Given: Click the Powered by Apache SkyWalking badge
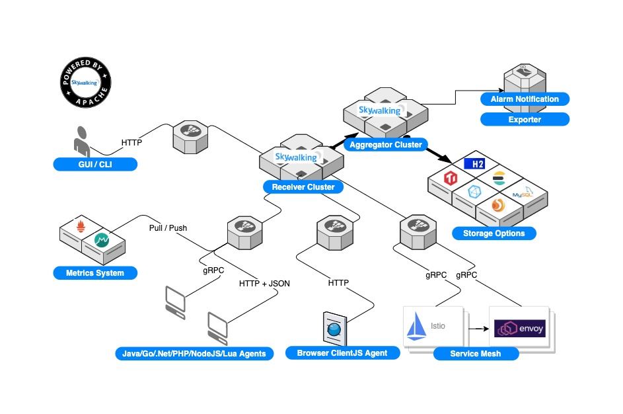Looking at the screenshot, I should click(x=85, y=83).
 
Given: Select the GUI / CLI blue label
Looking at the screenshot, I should click(x=95, y=164).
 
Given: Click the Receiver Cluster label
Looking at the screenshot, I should click(x=303, y=187).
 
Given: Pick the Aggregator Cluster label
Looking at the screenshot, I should click(x=385, y=145).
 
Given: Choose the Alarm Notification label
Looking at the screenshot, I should click(x=524, y=99).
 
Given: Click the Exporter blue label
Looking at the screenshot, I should click(x=524, y=120).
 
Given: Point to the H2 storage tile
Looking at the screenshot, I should click(x=474, y=163).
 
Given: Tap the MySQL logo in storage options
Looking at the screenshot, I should click(x=522, y=194).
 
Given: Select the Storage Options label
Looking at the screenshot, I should click(x=494, y=233).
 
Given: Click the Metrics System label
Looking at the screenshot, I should click(x=95, y=272).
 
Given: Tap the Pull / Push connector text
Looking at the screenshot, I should click(x=168, y=228).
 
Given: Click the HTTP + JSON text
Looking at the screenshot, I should click(x=264, y=283).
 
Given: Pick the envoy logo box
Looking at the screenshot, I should click(x=520, y=327).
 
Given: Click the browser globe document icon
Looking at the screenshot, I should click(x=334, y=327).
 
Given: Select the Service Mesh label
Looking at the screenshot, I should click(x=475, y=354).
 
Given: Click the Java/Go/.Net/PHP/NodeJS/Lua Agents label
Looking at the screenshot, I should click(x=194, y=354).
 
